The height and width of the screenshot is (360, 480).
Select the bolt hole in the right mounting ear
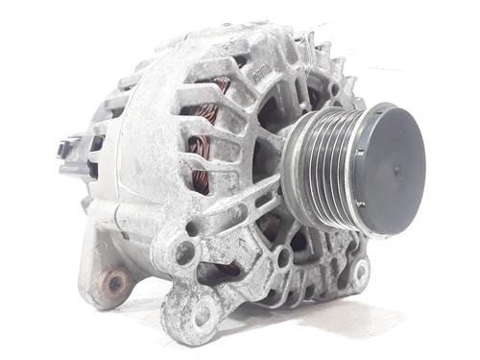pyautogui.click(x=361, y=273)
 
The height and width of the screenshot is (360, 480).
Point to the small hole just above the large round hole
pyautogui.click(x=193, y=229)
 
